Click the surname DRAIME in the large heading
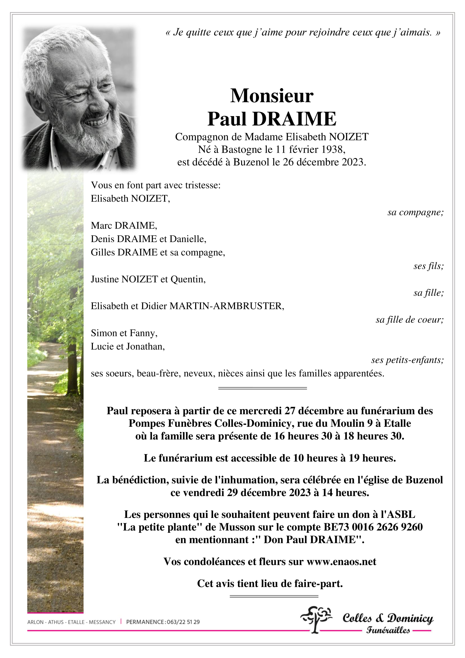coord(294,119)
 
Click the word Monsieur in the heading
coord(272,96)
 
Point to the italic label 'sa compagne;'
coord(415,212)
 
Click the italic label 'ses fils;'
coord(428,266)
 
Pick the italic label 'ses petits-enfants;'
coord(407,360)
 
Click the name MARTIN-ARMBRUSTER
coord(227,306)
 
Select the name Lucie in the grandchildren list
coord(100,346)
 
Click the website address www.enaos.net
coord(341,561)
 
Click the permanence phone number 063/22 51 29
coord(183,622)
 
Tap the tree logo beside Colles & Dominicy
coord(316,619)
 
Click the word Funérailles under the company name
coord(388,630)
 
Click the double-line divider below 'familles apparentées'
coord(262,388)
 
